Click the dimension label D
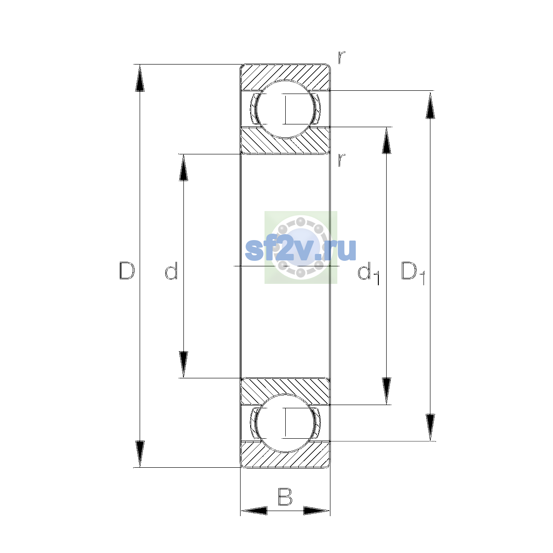coord(127,271)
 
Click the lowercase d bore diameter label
coord(171,271)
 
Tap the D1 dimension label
coord(413,273)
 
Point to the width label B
coord(285,497)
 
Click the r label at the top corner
coord(341,57)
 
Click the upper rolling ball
coord(285,109)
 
